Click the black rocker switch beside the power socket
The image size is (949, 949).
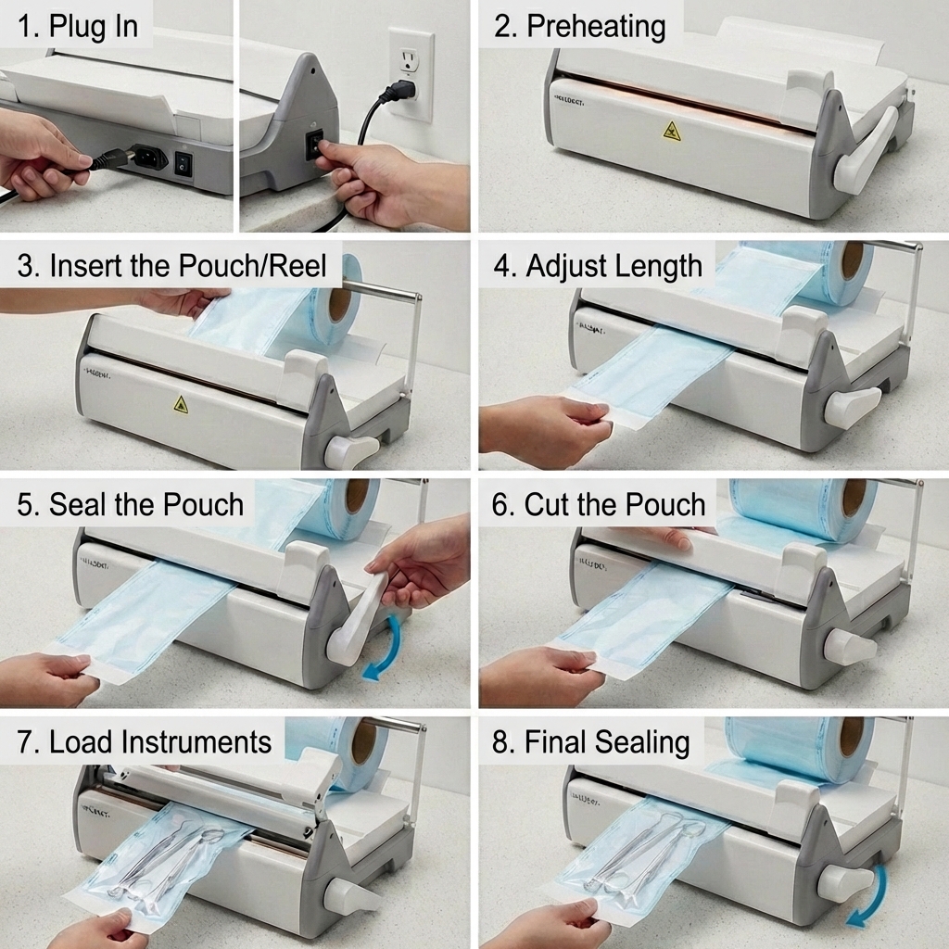[x=184, y=163]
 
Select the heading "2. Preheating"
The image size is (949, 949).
[x=579, y=26]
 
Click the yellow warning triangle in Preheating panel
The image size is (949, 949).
[x=672, y=131]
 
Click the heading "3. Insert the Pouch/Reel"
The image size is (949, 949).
[x=172, y=266]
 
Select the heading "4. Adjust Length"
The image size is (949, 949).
[x=598, y=266]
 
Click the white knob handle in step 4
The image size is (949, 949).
[x=850, y=407]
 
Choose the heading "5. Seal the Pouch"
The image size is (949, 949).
[x=131, y=504]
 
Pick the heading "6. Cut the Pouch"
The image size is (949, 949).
[x=600, y=504]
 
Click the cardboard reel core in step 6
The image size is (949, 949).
[x=854, y=499]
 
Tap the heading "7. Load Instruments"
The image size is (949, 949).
[x=145, y=741]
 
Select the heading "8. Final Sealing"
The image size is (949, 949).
[x=591, y=741]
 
